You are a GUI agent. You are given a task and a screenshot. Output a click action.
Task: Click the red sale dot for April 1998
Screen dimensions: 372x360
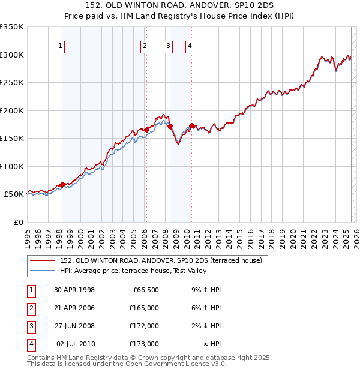point(62,185)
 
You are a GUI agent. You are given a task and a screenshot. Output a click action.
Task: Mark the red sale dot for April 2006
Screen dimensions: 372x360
point(146,129)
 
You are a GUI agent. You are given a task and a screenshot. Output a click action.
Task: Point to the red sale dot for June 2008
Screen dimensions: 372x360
point(170,127)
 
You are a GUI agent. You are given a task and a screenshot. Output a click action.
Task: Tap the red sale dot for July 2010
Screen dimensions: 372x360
point(191,125)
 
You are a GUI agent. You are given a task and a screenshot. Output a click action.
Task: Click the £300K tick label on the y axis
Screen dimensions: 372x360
point(12,55)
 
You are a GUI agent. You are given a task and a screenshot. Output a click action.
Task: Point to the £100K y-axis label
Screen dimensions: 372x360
point(12,166)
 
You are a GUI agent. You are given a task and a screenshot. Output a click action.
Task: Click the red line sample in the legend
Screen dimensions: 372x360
point(42,260)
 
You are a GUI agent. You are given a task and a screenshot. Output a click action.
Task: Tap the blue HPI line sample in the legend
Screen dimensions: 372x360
point(42,271)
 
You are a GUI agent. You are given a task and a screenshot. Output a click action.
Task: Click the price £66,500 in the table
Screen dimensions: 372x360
point(144,290)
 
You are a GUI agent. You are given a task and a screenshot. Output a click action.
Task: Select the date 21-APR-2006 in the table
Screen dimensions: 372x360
point(74,308)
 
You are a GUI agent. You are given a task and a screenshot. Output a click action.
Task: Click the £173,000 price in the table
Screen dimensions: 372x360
point(144,344)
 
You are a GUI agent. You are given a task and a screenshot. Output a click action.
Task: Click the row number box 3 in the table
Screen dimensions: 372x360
point(31,326)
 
